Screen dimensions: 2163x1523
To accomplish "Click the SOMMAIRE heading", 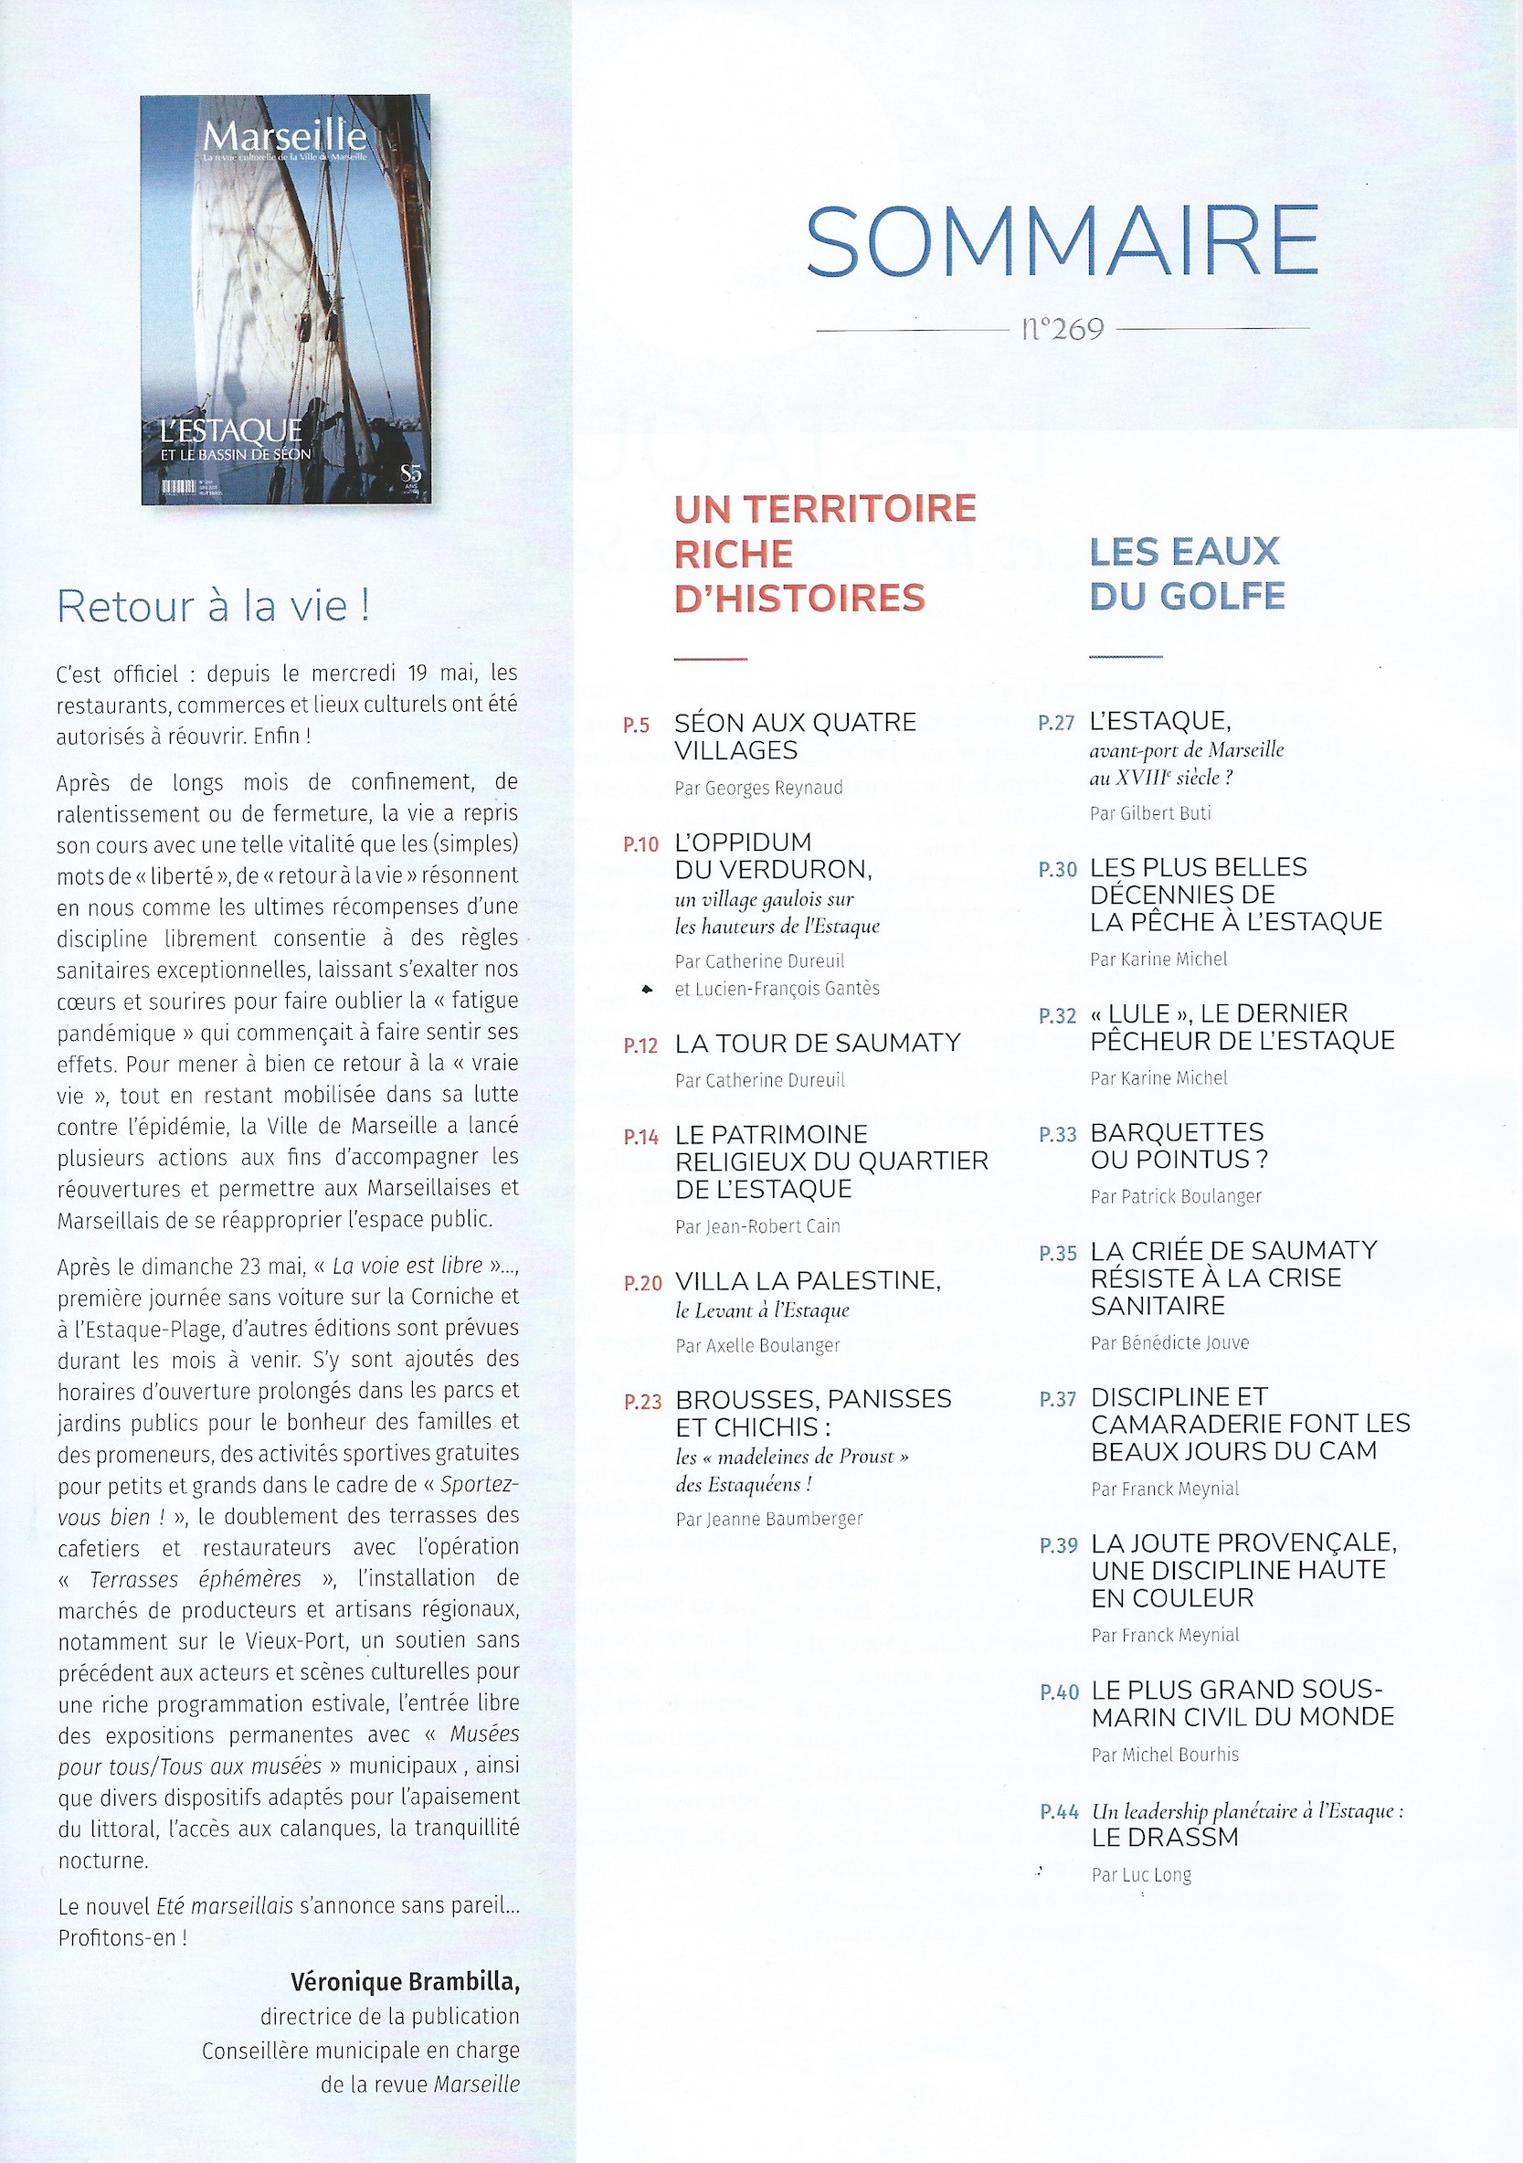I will [1062, 241].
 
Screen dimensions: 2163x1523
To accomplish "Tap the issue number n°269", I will [1062, 329].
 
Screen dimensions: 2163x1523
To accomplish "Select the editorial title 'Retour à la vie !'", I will [213, 606].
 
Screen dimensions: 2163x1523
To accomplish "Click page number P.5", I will [637, 726].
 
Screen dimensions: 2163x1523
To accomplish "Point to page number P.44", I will [1059, 1811].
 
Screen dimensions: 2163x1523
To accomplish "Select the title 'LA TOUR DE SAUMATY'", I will [818, 1043].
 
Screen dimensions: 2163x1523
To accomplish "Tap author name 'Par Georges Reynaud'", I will [758, 788].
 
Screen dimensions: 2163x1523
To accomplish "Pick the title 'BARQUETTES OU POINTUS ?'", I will [1179, 1146].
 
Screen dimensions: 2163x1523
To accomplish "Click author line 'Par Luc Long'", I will [1140, 1875].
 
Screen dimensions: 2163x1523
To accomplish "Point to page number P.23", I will [643, 1402].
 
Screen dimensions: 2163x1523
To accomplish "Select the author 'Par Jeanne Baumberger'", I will [768, 1519].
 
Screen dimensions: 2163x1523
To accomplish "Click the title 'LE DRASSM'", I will [1164, 1837].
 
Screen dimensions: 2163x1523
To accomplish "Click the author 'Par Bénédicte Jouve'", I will [1169, 1342].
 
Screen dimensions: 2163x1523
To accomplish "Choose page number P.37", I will [1058, 1400].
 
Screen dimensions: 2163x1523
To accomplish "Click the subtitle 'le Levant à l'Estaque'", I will [762, 1309].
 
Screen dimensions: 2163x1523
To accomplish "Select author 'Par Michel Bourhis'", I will [1164, 1755].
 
